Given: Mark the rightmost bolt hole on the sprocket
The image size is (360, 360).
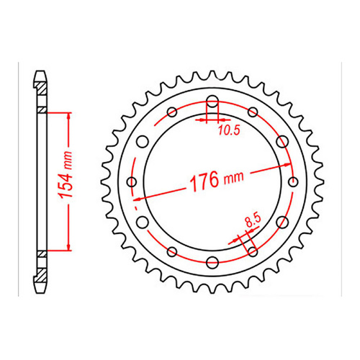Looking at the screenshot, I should [292, 181].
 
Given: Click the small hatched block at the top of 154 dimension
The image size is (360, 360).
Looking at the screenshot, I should [42, 111].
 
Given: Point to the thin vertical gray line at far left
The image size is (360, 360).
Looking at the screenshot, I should [15, 180].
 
